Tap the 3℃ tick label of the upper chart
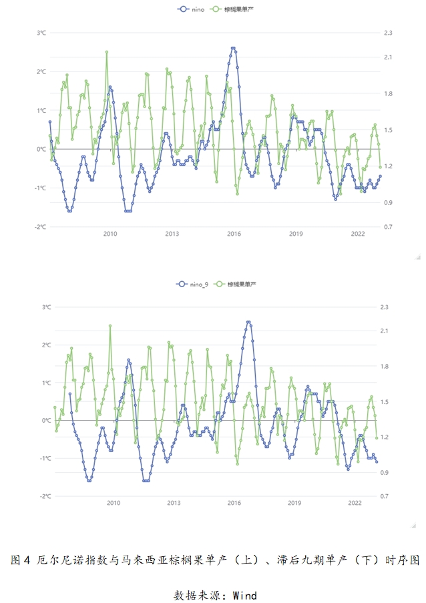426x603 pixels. pyautogui.click(x=41, y=33)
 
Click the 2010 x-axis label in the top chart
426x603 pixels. pyautogui.click(x=110, y=234)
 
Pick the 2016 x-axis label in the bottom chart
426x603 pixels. pyautogui.click(x=234, y=503)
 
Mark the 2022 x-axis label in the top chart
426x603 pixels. pyautogui.click(x=358, y=234)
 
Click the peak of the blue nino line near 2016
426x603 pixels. pyautogui.click(x=233, y=48)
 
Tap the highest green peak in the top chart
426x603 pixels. pyautogui.click(x=107, y=51)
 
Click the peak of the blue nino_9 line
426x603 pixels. pyautogui.click(x=248, y=322)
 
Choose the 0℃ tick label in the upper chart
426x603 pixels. pyautogui.click(x=41, y=149)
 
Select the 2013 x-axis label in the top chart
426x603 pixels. pyautogui.click(x=172, y=234)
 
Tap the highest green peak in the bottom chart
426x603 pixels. pyautogui.click(x=110, y=326)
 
